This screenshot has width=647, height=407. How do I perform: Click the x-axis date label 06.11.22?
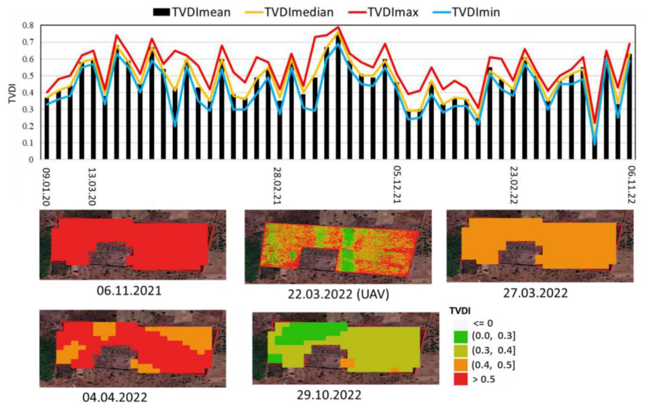(x=632, y=185)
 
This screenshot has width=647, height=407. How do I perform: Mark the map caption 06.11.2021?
(x=129, y=291)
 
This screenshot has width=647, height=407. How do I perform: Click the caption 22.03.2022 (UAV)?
(x=338, y=295)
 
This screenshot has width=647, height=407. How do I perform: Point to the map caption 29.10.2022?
(x=329, y=395)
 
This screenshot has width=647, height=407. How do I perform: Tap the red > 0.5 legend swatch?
(x=460, y=380)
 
